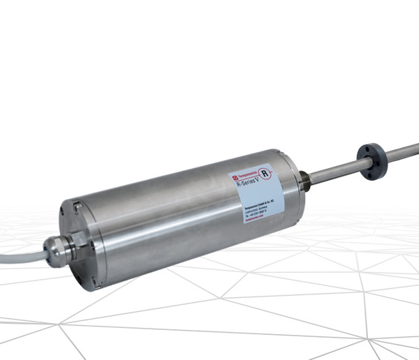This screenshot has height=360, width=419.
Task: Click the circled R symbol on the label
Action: pyautogui.click(x=266, y=173)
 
